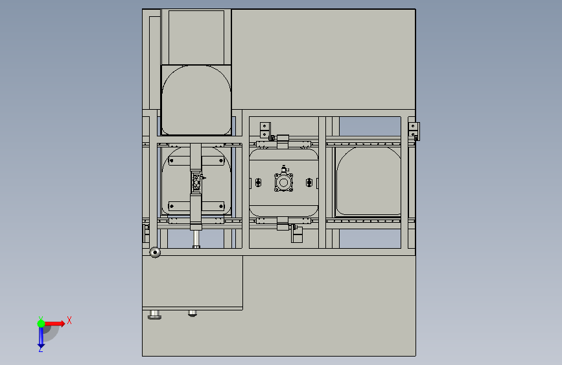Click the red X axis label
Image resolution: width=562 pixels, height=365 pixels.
[x=69, y=320]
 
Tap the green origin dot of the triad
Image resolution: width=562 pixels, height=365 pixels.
[x=41, y=323]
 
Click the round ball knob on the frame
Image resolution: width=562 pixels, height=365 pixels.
[x=155, y=252]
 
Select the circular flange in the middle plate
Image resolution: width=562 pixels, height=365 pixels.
[x=283, y=182]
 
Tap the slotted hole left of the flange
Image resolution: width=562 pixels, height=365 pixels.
[x=258, y=183]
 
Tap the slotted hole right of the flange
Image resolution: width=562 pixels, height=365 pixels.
[x=309, y=183]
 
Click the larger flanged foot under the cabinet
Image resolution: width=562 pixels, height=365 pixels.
[x=154, y=315]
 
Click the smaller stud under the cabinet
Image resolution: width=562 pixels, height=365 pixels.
[x=193, y=313]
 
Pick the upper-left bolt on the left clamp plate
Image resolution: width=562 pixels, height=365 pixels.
[x=171, y=160]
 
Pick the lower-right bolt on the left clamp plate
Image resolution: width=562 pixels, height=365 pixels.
[x=221, y=207]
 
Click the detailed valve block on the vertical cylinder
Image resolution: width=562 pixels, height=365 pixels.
[x=196, y=182]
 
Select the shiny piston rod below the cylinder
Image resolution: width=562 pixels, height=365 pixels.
[x=196, y=239]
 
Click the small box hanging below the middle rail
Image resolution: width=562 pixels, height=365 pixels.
[x=297, y=235]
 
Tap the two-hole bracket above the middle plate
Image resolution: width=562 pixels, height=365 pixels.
[x=265, y=130]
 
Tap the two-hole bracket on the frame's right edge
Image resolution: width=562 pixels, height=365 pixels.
[x=414, y=131]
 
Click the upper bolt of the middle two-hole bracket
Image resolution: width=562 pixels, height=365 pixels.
[x=265, y=126]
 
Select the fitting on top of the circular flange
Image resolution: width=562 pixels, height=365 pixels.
[x=284, y=170]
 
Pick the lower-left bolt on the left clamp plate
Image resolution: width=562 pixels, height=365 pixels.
[x=171, y=207]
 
